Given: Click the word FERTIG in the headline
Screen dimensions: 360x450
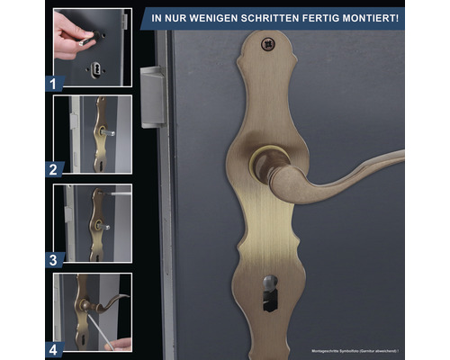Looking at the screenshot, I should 321,18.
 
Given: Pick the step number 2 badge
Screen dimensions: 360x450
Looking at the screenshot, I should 53,167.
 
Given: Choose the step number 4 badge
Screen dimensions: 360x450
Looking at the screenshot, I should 53,347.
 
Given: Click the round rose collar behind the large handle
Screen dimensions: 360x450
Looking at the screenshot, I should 264,165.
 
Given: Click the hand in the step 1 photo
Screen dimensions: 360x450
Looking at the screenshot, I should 70,36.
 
